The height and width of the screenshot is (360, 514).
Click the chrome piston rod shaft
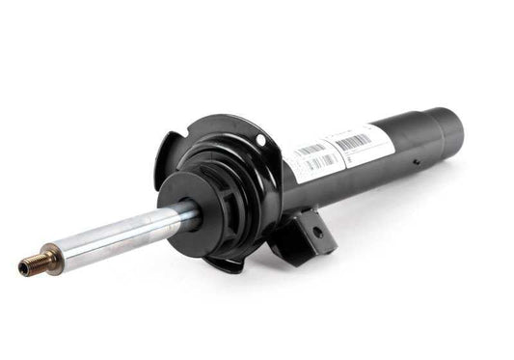[116, 236]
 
